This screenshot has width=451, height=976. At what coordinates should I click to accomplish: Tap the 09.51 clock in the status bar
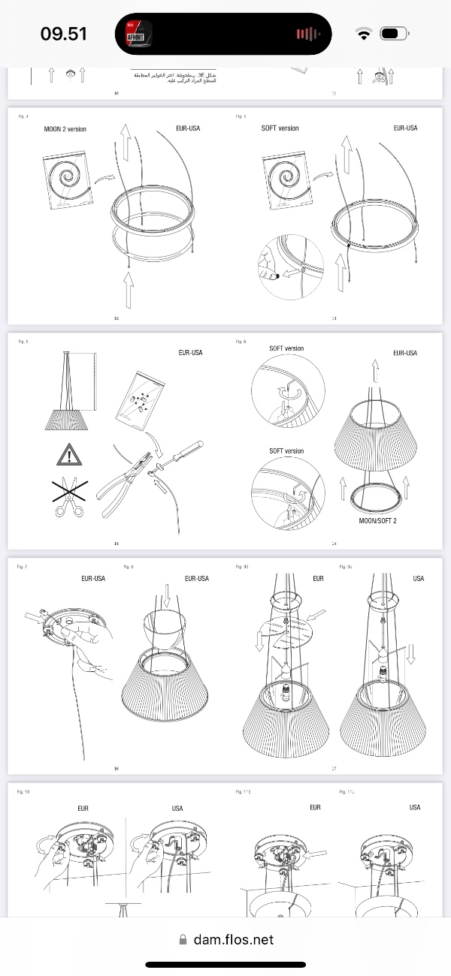point(63,34)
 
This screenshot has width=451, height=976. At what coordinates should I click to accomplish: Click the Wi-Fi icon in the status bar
point(364,34)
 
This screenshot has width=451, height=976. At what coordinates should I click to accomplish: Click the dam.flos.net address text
point(233,939)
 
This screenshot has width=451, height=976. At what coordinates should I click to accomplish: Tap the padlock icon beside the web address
point(183,939)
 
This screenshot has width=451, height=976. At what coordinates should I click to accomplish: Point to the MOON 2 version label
point(65,129)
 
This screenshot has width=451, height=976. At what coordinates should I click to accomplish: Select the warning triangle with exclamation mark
point(69,455)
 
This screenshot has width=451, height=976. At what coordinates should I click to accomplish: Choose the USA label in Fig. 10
point(177,809)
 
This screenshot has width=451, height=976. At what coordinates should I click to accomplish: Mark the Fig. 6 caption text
point(241,342)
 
